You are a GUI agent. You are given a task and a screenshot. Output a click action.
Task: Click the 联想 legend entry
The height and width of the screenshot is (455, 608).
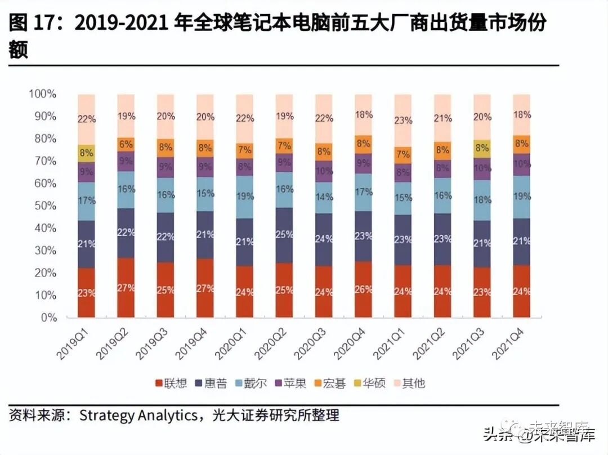click(x=172, y=384)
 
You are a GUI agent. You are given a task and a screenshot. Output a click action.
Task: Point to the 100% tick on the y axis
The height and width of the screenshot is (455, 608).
click(x=43, y=94)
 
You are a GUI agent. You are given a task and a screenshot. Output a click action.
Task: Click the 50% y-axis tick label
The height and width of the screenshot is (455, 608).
click(x=45, y=206)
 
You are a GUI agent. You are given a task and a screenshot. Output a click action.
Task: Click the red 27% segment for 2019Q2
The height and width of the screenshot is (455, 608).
click(x=126, y=288)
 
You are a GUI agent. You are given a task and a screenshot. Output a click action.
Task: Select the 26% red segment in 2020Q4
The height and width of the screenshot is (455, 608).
click(x=364, y=289)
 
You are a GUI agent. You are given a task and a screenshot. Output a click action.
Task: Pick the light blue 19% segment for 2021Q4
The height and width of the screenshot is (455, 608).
click(x=522, y=197)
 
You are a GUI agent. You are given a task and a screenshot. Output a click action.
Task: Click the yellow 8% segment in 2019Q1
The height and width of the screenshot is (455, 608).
click(x=86, y=153)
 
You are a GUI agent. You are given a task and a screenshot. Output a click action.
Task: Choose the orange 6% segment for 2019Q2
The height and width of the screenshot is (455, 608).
click(x=126, y=144)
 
